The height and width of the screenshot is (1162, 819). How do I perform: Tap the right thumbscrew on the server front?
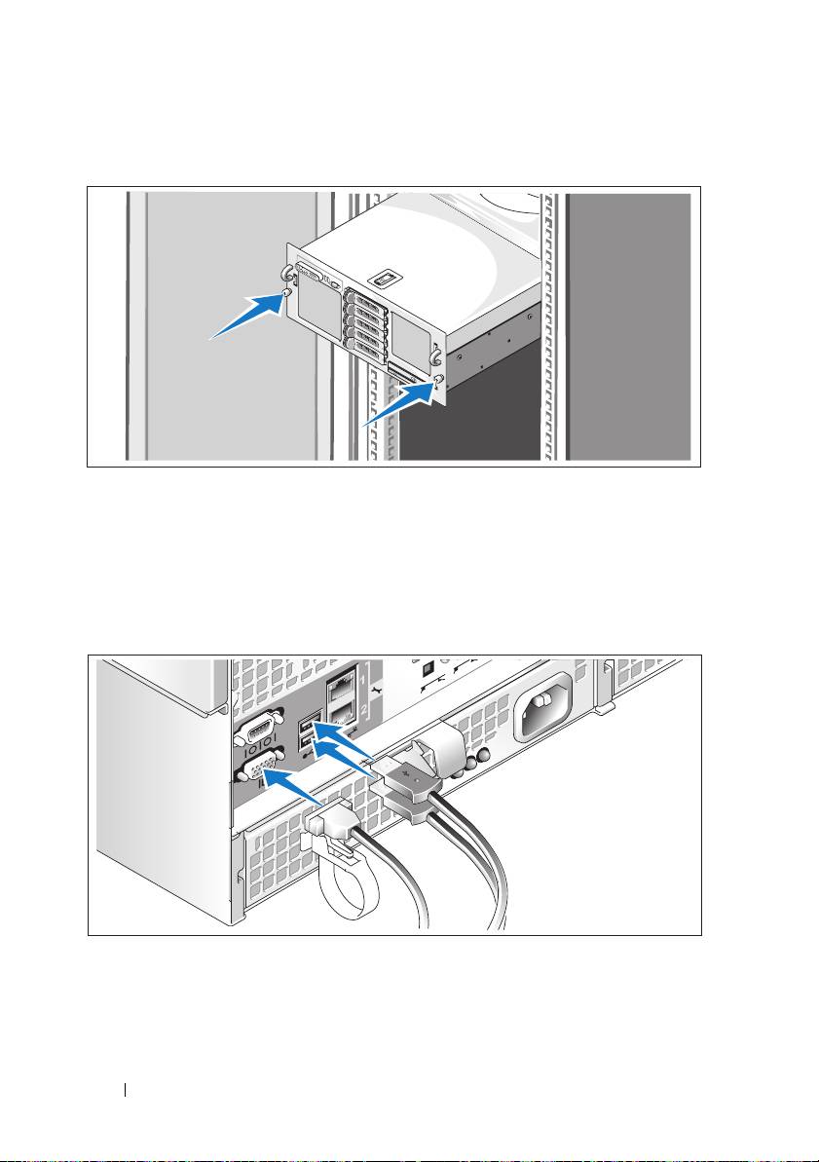pos(438,381)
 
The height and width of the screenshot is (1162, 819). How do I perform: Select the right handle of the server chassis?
pos(441,360)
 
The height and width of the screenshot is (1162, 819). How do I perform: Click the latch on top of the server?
pos(387,281)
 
